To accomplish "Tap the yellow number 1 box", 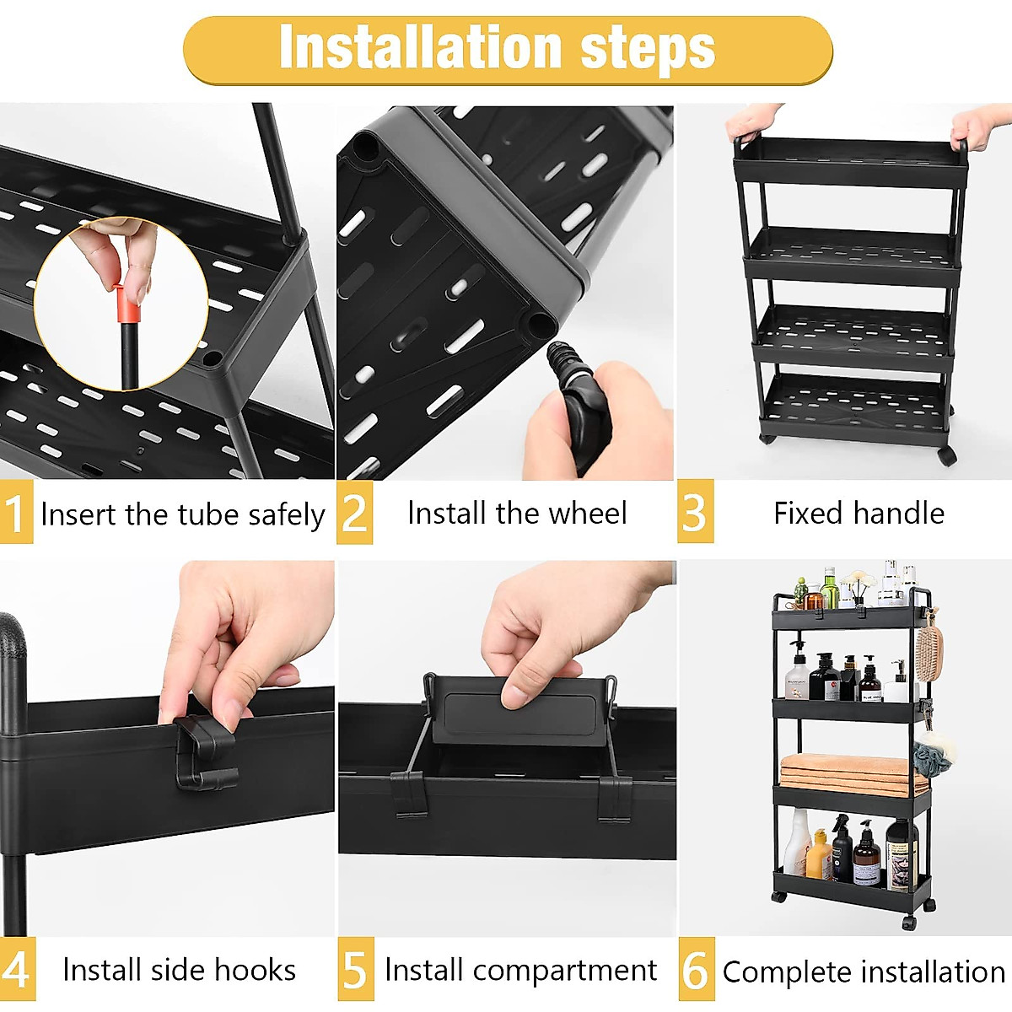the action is click(16, 512).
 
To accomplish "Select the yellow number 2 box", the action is click(354, 512).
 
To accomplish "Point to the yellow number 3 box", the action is click(695, 511).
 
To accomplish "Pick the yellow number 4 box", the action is click(17, 970).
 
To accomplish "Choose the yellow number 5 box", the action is click(356, 970).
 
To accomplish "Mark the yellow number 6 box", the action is click(697, 970).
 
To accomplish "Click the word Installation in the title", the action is click(421, 47).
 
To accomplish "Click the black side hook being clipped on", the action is click(206, 751).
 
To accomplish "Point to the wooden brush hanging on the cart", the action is click(929, 643).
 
